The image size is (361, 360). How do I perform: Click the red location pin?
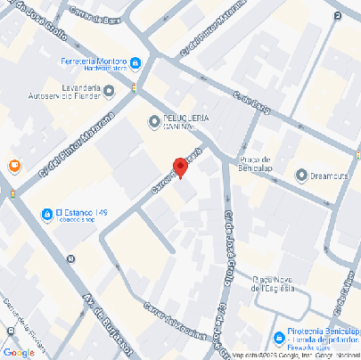(180, 168)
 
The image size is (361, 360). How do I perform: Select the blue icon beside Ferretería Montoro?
(135, 62)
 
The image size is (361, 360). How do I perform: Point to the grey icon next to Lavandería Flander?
(109, 89)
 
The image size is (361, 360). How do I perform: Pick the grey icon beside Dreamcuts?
(301, 174)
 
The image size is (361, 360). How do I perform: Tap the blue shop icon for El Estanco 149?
(46, 215)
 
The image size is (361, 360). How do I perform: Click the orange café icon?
(14, 166)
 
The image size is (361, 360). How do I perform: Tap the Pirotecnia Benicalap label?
(322, 333)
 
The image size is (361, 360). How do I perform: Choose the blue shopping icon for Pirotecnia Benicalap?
(279, 338)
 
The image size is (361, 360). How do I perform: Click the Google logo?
(20, 352)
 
